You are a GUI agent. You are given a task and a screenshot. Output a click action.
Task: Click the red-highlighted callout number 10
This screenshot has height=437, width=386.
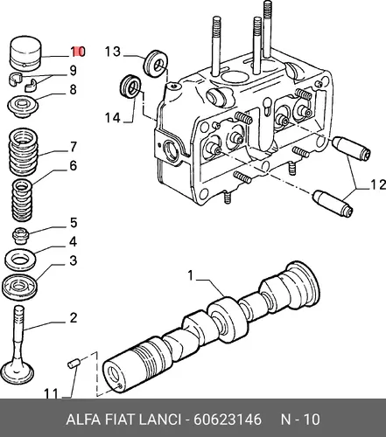(78, 52)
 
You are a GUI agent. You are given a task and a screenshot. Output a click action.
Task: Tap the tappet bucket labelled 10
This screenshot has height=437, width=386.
(25, 53)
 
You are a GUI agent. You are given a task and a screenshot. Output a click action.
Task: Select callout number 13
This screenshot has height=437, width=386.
(113, 52)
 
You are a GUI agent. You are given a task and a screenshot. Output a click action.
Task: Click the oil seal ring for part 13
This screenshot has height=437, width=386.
(156, 64)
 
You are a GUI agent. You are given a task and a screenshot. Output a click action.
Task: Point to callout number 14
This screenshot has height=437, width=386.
(113, 118)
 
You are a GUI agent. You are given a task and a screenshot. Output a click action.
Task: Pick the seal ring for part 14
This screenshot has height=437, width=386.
(131, 87)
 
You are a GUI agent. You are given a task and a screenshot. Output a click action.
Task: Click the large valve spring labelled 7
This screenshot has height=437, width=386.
(24, 152)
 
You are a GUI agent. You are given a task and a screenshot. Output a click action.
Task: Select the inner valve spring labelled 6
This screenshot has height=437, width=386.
(22, 200)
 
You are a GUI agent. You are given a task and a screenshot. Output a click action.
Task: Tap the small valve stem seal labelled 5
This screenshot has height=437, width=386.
(21, 235)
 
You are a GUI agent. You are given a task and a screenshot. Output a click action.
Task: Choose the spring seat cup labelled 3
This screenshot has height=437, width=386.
(19, 287)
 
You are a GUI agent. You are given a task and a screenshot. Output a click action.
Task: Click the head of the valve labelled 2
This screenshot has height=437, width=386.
(18, 374)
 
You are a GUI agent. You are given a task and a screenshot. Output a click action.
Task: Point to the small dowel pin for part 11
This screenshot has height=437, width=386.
(74, 364)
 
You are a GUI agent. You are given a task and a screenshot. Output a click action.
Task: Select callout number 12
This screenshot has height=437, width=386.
(378, 185)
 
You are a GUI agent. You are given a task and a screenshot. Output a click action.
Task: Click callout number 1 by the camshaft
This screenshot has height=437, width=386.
(191, 275)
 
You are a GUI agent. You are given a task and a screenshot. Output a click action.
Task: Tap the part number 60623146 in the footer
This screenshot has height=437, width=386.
(228, 420)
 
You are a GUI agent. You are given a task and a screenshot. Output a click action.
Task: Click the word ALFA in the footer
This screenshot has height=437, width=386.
(83, 420)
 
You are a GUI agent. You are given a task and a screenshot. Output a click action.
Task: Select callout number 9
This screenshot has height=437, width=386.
(73, 71)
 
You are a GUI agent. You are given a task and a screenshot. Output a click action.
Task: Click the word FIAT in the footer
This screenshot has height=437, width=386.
(120, 420)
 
